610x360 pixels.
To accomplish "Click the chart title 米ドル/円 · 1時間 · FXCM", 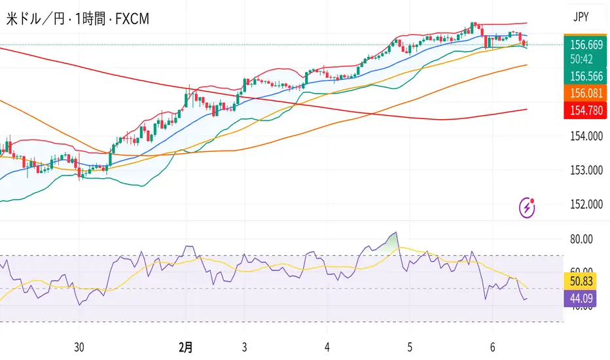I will (x=77, y=19).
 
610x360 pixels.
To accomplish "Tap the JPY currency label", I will (x=581, y=18).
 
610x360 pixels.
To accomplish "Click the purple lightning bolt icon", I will (x=528, y=207).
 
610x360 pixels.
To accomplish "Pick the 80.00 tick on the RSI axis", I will (x=583, y=239).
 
